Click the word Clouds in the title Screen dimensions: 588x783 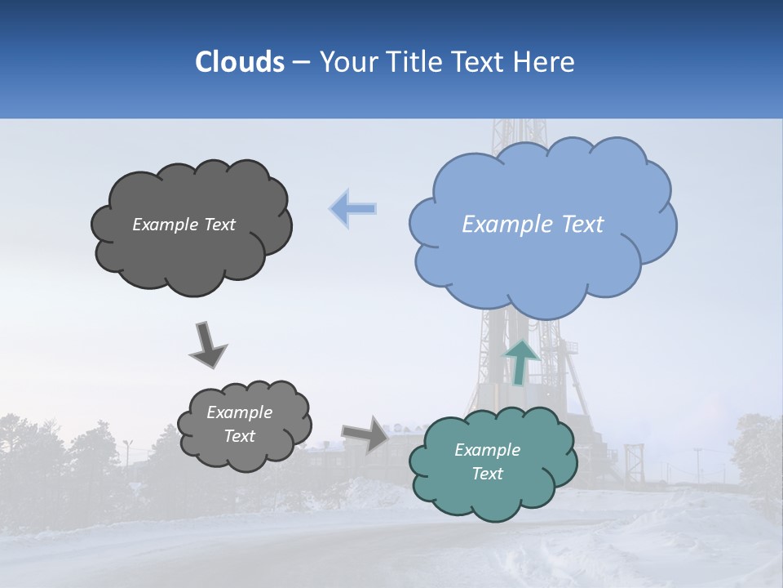click(239, 62)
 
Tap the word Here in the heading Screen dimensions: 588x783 click(546, 62)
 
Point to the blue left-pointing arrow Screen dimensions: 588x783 click(353, 209)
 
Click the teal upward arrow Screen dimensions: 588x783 click(523, 361)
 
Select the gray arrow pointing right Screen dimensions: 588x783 click(365, 433)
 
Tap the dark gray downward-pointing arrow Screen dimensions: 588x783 click(207, 345)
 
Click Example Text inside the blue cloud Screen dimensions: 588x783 click(533, 225)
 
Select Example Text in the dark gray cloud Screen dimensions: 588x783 click(184, 225)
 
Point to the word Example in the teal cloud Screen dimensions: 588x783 click(487, 450)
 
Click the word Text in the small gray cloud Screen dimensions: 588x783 click(240, 436)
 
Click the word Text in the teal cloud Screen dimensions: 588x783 click(487, 474)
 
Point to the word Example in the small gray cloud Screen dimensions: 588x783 click(240, 412)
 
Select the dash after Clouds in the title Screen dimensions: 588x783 click(300, 62)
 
